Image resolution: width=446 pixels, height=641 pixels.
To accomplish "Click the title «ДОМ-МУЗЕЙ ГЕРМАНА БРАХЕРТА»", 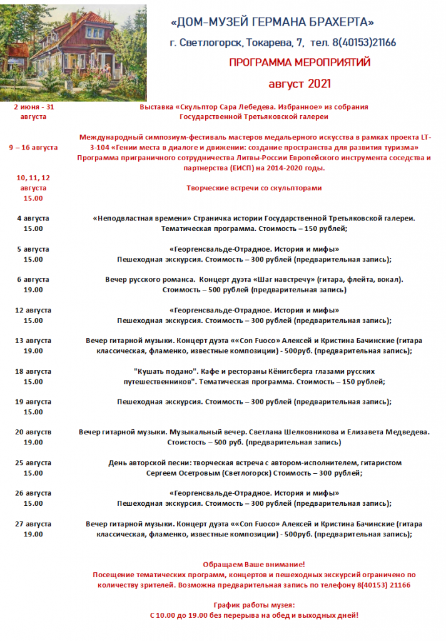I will pyautogui.click(x=272, y=23).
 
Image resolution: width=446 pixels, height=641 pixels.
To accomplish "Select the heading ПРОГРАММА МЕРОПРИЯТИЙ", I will pyautogui.click(x=300, y=63).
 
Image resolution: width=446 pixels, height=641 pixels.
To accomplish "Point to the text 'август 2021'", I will pyautogui.click(x=300, y=83).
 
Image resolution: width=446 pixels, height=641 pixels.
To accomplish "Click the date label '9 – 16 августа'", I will pyautogui.click(x=33, y=147).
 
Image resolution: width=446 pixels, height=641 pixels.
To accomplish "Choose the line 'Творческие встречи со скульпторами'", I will pyautogui.click(x=254, y=188).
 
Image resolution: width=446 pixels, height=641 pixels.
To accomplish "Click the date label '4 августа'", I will pyautogui.click(x=33, y=218).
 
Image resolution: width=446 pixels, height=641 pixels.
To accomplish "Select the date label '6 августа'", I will pyautogui.click(x=33, y=279).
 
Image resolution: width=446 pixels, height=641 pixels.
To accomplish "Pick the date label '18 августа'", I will pyautogui.click(x=33, y=371).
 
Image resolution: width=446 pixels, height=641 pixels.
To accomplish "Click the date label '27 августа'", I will pyautogui.click(x=33, y=524).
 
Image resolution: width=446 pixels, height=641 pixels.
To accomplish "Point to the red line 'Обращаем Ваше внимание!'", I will pyautogui.click(x=254, y=564).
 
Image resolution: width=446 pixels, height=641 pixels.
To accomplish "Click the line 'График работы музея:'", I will pyautogui.click(x=254, y=605).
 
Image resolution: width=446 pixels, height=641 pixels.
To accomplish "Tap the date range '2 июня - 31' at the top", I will pyautogui.click(x=33, y=107).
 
